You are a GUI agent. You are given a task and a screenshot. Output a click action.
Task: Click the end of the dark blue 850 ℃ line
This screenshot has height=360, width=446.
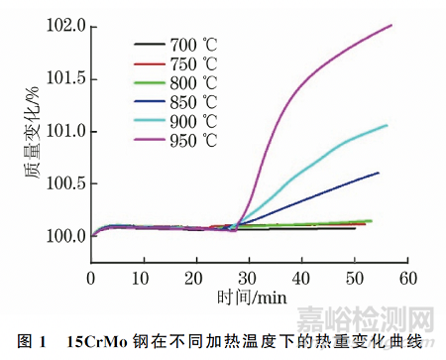click(379, 173)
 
